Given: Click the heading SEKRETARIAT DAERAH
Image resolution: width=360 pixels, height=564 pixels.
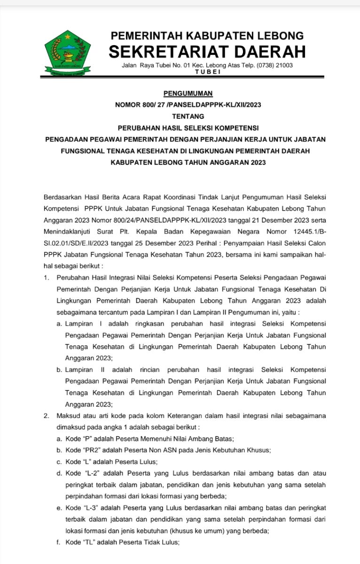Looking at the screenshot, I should (x=207, y=51).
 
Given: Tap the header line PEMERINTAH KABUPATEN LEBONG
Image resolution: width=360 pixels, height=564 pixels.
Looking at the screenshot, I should (x=207, y=35).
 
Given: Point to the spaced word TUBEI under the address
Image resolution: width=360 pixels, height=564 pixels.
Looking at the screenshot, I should (x=207, y=71).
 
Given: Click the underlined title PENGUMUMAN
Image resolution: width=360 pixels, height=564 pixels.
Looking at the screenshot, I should (x=188, y=94).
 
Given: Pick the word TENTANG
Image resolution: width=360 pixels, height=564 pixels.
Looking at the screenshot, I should (x=188, y=116).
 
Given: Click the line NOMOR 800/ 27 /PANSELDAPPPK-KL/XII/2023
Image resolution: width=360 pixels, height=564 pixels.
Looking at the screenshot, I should (x=188, y=105).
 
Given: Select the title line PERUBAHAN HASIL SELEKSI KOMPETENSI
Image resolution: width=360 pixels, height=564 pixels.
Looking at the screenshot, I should (x=188, y=127).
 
